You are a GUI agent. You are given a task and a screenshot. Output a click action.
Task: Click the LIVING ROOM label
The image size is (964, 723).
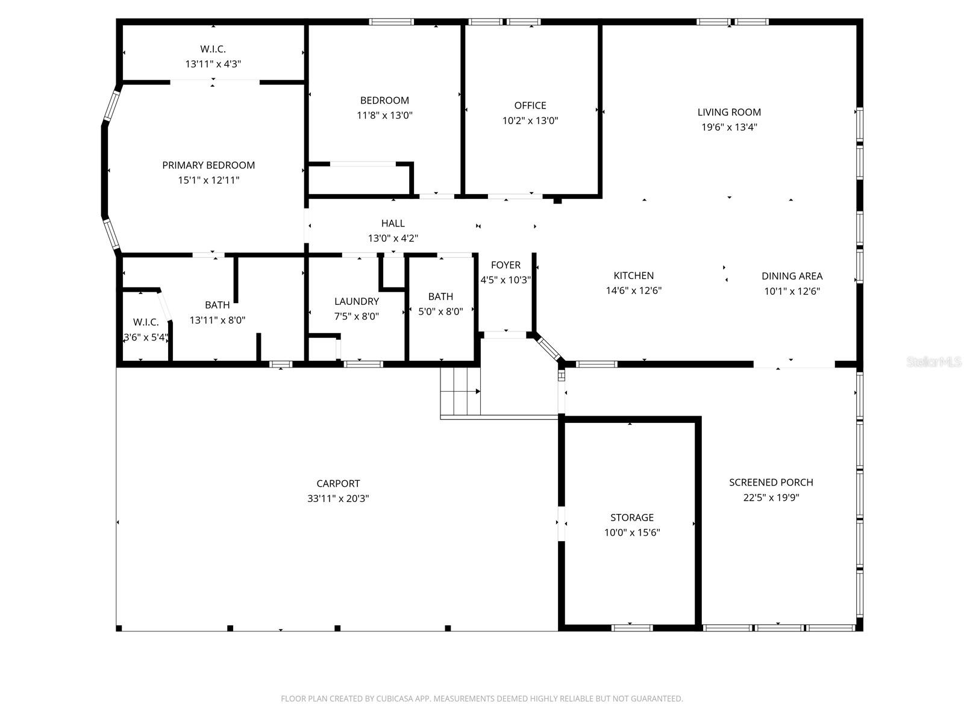click(x=729, y=112)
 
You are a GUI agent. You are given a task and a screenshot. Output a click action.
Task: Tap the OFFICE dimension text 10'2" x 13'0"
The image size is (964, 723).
click(x=530, y=120)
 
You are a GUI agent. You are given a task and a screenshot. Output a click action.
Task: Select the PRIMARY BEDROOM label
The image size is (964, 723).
click(x=208, y=165)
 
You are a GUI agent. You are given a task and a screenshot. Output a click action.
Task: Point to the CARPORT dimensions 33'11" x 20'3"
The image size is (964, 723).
click(x=338, y=498)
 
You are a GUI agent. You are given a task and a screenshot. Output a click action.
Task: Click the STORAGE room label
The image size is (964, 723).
click(x=631, y=518)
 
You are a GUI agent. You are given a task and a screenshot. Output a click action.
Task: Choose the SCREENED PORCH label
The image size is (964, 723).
click(x=771, y=482)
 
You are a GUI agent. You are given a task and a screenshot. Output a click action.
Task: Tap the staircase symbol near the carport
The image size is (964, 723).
click(x=460, y=391)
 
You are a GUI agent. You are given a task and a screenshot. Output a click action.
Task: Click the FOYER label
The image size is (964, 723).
click(x=505, y=265)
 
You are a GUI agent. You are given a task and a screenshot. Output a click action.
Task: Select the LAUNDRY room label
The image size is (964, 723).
click(x=357, y=301)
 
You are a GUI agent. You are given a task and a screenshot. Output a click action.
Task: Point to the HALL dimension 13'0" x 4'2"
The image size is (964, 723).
click(x=393, y=239)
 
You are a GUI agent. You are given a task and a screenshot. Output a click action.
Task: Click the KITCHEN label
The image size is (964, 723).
click(x=633, y=275)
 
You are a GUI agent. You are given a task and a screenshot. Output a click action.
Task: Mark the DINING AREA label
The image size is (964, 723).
click(x=792, y=276)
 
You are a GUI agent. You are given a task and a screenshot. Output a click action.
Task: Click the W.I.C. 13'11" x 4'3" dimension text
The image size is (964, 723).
click(x=213, y=64)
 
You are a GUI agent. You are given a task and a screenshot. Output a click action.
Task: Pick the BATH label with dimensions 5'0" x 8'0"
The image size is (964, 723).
click(x=440, y=296)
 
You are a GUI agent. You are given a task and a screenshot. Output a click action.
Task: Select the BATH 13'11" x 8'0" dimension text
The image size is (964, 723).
click(x=217, y=321)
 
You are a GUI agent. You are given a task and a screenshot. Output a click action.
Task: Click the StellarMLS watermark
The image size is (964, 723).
click(x=934, y=362)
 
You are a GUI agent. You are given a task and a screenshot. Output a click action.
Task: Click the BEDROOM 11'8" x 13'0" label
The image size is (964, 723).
click(x=384, y=101)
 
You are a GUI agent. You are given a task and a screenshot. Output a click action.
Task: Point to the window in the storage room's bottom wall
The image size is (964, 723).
click(x=631, y=628)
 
